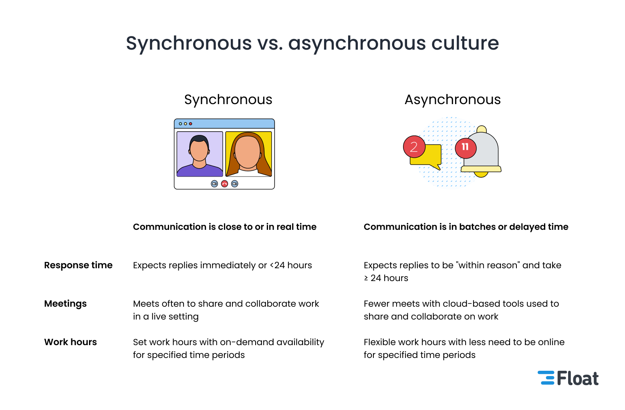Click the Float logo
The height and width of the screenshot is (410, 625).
pyautogui.click(x=568, y=378)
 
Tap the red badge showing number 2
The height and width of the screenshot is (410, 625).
pyautogui.click(x=414, y=147)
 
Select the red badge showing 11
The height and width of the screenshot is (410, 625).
pyautogui.click(x=466, y=148)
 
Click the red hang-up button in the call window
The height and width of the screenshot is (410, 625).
pyautogui.click(x=224, y=184)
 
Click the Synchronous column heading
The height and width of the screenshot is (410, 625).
pyautogui.click(x=228, y=100)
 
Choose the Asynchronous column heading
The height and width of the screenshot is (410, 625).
pyautogui.click(x=453, y=100)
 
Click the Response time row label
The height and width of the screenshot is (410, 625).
pyautogui.click(x=78, y=265)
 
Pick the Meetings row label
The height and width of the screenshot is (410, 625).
pyautogui.click(x=65, y=304)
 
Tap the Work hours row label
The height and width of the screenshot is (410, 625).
pyautogui.click(x=71, y=342)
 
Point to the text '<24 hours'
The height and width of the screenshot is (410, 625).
pyautogui.click(x=291, y=265)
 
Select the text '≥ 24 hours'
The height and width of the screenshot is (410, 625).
pyautogui.click(x=386, y=278)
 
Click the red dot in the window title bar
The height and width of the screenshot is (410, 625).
pyautogui.click(x=191, y=124)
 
